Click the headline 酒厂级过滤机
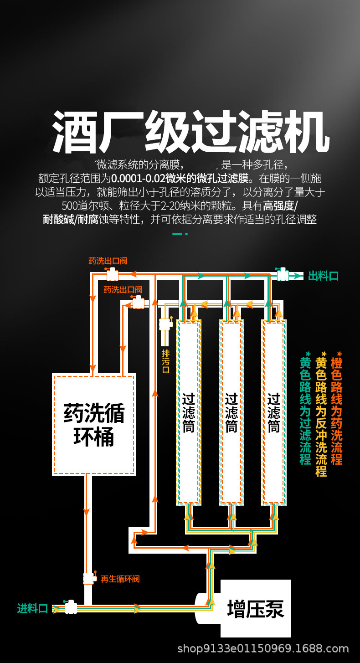(x=190, y=132)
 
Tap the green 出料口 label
(x=323, y=276)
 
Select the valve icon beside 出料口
(x=283, y=275)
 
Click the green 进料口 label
(x=32, y=608)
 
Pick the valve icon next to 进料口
(x=71, y=607)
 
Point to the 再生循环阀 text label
(x=120, y=579)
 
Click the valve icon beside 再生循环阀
(x=89, y=578)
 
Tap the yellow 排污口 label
(x=166, y=361)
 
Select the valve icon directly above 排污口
(x=165, y=324)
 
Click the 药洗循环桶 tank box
(x=94, y=424)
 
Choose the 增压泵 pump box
(x=255, y=608)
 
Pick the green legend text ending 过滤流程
(x=305, y=410)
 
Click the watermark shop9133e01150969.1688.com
(x=263, y=648)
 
